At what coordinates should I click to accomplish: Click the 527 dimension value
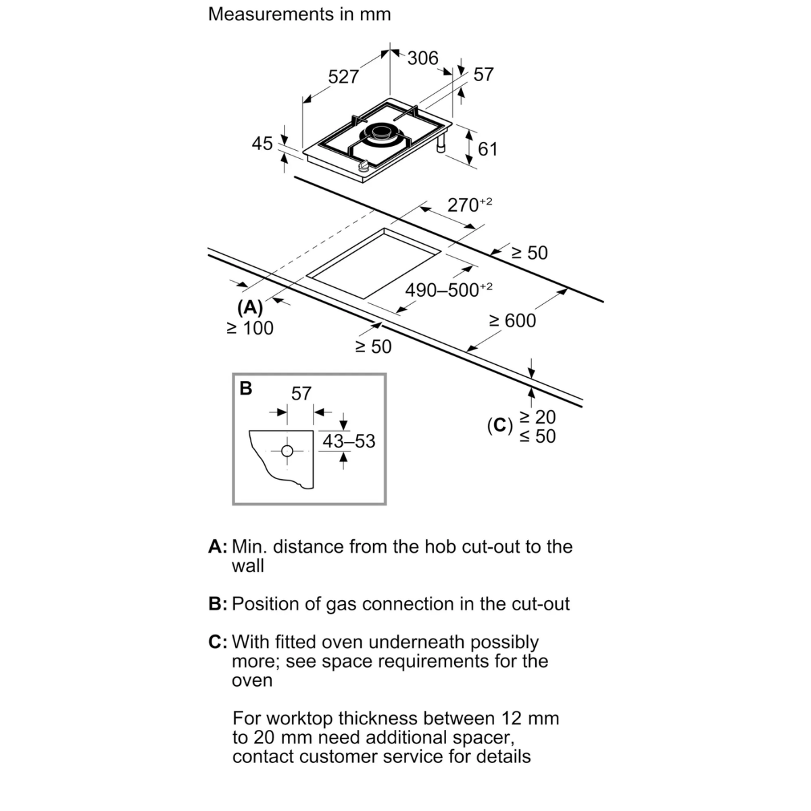(343, 76)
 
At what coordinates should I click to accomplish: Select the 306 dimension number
(422, 58)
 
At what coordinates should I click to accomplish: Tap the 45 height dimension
(262, 143)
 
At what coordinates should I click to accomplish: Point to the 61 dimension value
(488, 149)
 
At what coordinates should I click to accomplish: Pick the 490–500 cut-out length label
(449, 290)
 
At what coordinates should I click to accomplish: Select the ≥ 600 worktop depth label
(512, 321)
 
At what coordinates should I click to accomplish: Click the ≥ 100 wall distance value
(250, 328)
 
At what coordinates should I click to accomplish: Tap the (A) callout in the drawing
(250, 308)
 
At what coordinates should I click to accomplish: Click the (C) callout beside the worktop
(500, 426)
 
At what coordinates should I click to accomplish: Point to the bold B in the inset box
(246, 389)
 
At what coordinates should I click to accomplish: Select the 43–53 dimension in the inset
(349, 441)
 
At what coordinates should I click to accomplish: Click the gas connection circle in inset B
(287, 451)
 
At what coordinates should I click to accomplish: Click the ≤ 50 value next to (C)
(537, 436)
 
